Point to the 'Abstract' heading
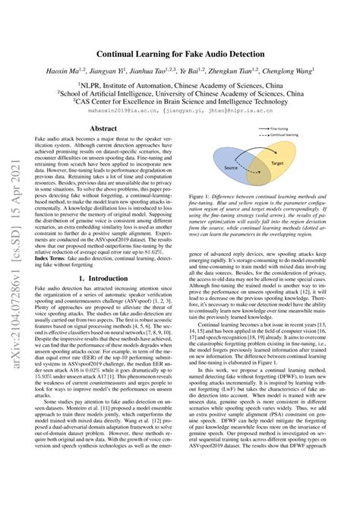tap(104, 129)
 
